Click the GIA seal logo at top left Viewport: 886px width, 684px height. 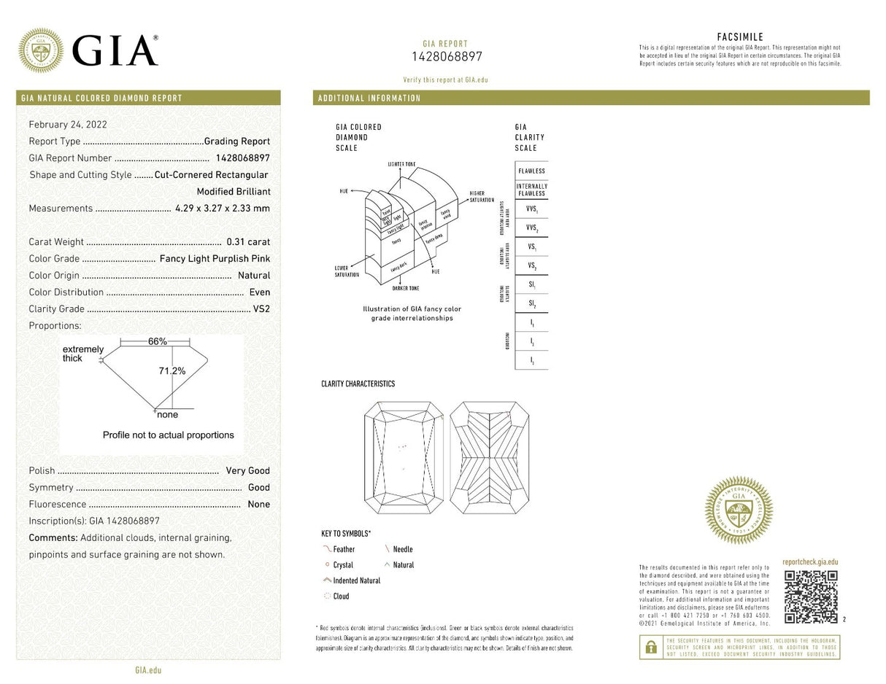pyautogui.click(x=40, y=50)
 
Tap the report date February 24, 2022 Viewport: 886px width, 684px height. pyautogui.click(x=68, y=125)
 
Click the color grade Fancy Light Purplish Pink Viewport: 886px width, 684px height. pyautogui.click(x=215, y=259)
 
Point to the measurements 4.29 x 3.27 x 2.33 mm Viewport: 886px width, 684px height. pyautogui.click(x=223, y=209)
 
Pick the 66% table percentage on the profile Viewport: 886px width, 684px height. pyautogui.click(x=158, y=341)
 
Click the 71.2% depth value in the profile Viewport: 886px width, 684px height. pyautogui.click(x=172, y=371)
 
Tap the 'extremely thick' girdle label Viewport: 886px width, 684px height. pyautogui.click(x=82, y=354)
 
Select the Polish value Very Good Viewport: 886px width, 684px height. pyautogui.click(x=247, y=471)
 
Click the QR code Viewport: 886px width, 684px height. pyautogui.click(x=810, y=596)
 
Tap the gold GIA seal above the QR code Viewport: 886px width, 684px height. pyautogui.click(x=738, y=510)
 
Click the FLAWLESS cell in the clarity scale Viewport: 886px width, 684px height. pyautogui.click(x=531, y=171)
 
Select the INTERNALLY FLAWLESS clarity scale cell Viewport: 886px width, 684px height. pyautogui.click(x=531, y=190)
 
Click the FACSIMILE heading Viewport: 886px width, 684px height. pyautogui.click(x=740, y=37)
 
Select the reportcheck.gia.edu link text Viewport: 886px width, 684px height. pyautogui.click(x=810, y=562)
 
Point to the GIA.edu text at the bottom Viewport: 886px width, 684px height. pyautogui.click(x=148, y=669)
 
